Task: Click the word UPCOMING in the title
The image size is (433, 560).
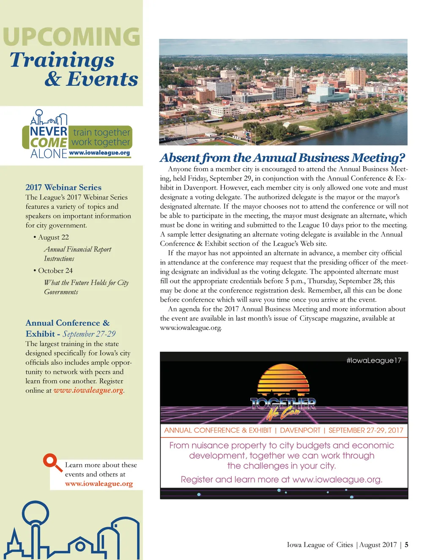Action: [71, 37]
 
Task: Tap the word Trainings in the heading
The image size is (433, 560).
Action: [62, 60]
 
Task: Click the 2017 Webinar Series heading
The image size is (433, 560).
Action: [63, 187]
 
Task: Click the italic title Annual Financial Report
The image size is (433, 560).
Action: [77, 249]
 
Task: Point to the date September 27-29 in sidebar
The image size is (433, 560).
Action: [89, 334]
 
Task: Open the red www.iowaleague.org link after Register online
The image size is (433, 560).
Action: [88, 390]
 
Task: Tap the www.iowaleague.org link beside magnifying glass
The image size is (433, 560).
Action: [99, 484]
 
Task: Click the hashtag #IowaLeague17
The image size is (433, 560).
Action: [373, 361]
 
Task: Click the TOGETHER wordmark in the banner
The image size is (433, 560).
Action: [282, 404]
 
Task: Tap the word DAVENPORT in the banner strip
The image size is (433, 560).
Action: [300, 430]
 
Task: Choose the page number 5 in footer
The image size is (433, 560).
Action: [406, 545]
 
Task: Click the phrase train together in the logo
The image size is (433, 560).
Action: [101, 132]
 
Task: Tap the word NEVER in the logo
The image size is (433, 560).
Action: [49, 132]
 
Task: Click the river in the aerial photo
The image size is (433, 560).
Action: [372, 131]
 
